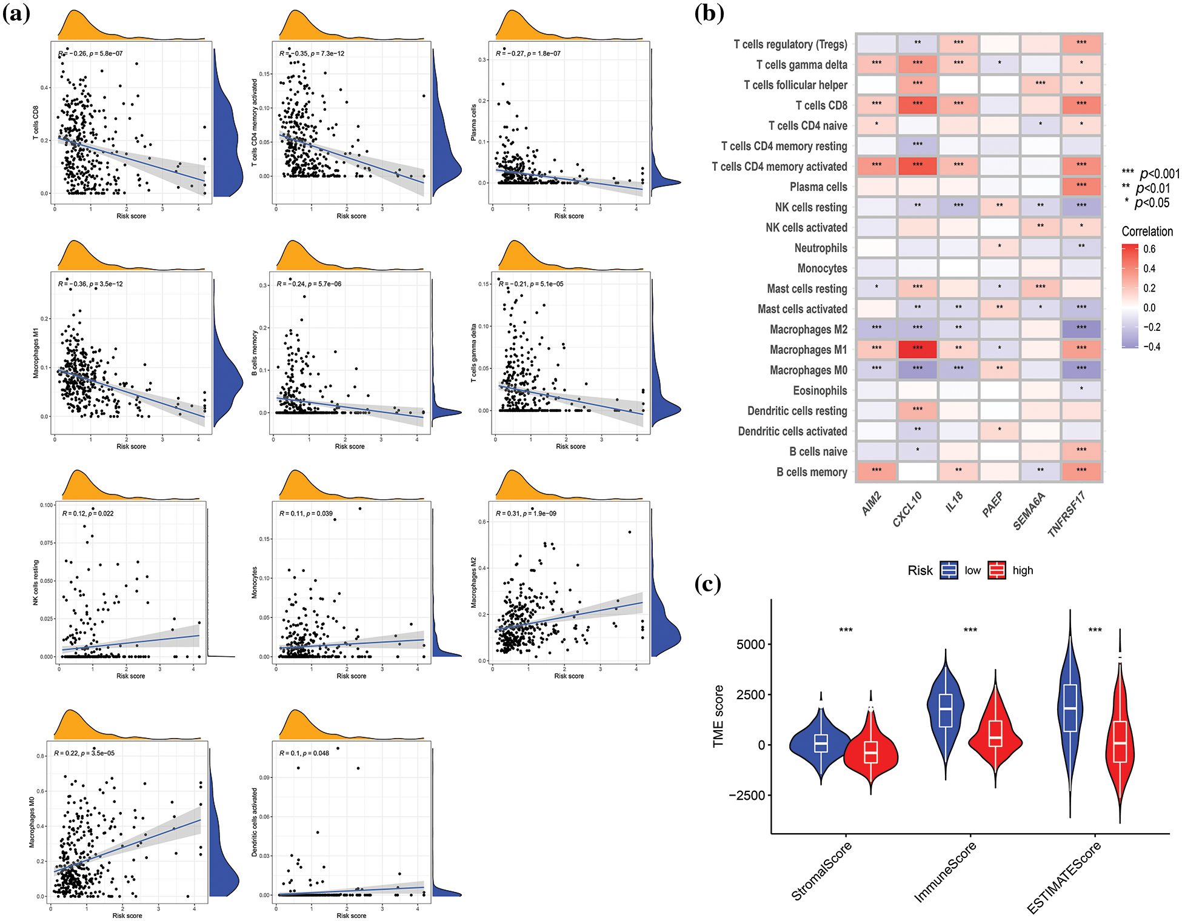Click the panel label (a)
(16, 13)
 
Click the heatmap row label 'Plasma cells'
(818, 187)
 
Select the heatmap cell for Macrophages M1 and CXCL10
(917, 349)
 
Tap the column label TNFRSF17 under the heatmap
(1066, 514)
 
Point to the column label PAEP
(992, 504)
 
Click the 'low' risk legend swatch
(949, 570)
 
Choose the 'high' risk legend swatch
(997, 570)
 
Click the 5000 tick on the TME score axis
(750, 644)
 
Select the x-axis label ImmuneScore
(945, 873)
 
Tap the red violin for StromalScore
(871, 751)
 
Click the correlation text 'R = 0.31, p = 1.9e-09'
(526, 513)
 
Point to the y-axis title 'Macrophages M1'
(36, 353)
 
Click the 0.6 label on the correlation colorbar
(1149, 249)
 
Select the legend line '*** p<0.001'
(1150, 174)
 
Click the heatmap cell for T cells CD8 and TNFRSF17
(1081, 105)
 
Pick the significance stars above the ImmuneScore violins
(970, 630)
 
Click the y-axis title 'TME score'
(718, 716)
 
